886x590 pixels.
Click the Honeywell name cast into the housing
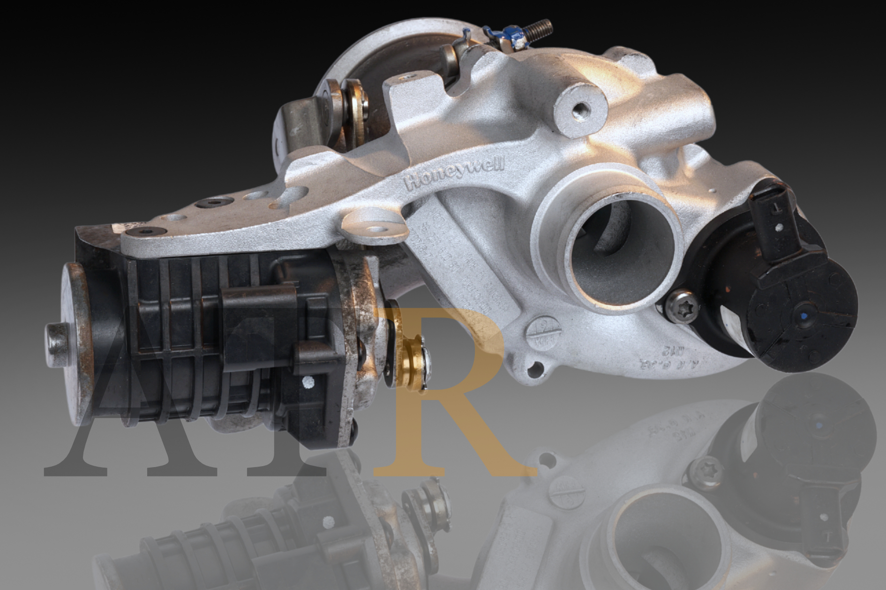click(x=456, y=173)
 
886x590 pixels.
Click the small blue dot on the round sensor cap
click(x=804, y=318)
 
